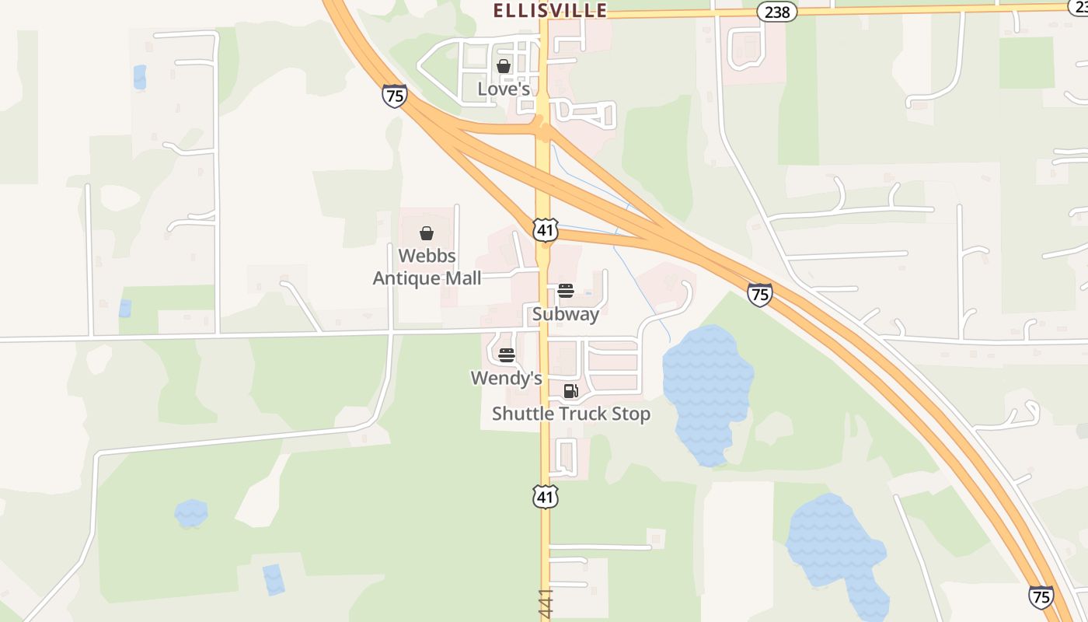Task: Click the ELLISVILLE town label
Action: (550, 10)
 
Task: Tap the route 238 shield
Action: (777, 12)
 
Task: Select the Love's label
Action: (504, 89)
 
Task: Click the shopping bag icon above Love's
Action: (504, 67)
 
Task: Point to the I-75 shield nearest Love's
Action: (395, 96)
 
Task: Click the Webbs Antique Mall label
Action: (427, 267)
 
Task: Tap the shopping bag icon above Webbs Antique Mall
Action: (427, 233)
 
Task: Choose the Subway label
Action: (565, 314)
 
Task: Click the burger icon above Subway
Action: (566, 292)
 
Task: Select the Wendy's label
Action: (506, 378)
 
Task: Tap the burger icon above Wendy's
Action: (507, 355)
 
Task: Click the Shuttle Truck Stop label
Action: (571, 414)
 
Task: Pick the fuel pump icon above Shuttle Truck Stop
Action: (571, 391)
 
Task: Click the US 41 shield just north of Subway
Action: (546, 229)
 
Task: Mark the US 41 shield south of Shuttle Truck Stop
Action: (546, 496)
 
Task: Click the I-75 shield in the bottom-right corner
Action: (1041, 596)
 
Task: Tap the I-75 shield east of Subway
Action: (759, 294)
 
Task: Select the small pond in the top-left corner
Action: (140, 76)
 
